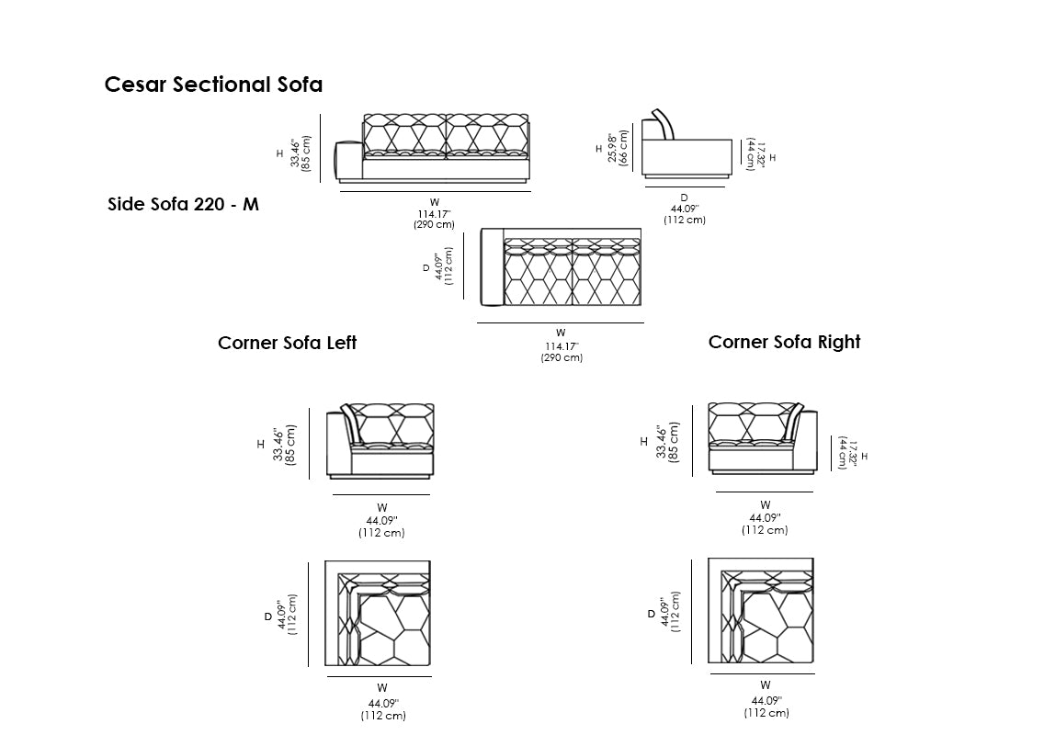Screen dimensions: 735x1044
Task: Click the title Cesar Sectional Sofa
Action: click(x=213, y=85)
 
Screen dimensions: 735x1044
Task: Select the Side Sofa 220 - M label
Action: click(x=183, y=204)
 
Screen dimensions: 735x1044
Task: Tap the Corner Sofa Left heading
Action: click(x=287, y=343)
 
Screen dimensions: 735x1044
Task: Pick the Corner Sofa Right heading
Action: click(x=784, y=342)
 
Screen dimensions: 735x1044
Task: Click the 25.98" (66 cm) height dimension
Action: click(x=618, y=145)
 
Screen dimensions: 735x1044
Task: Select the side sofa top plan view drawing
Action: click(x=561, y=267)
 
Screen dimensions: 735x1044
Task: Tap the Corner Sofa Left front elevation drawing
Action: click(x=380, y=440)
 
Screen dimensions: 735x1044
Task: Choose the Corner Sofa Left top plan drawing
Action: click(x=379, y=614)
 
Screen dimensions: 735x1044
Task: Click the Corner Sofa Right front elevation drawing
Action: click(x=763, y=437)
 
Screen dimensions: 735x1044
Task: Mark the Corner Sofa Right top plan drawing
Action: click(x=761, y=611)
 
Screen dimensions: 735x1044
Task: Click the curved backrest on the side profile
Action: click(x=664, y=125)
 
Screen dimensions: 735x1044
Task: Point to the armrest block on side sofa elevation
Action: click(x=349, y=162)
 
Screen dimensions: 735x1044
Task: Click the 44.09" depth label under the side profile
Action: click(x=684, y=209)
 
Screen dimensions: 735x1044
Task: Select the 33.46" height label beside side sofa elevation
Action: click(x=301, y=153)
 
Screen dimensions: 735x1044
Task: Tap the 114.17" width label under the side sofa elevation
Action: click(x=434, y=213)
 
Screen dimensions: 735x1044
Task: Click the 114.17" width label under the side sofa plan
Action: click(x=561, y=346)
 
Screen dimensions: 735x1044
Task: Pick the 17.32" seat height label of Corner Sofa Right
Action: click(x=846, y=454)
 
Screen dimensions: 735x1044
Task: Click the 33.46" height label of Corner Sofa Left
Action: click(x=284, y=445)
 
